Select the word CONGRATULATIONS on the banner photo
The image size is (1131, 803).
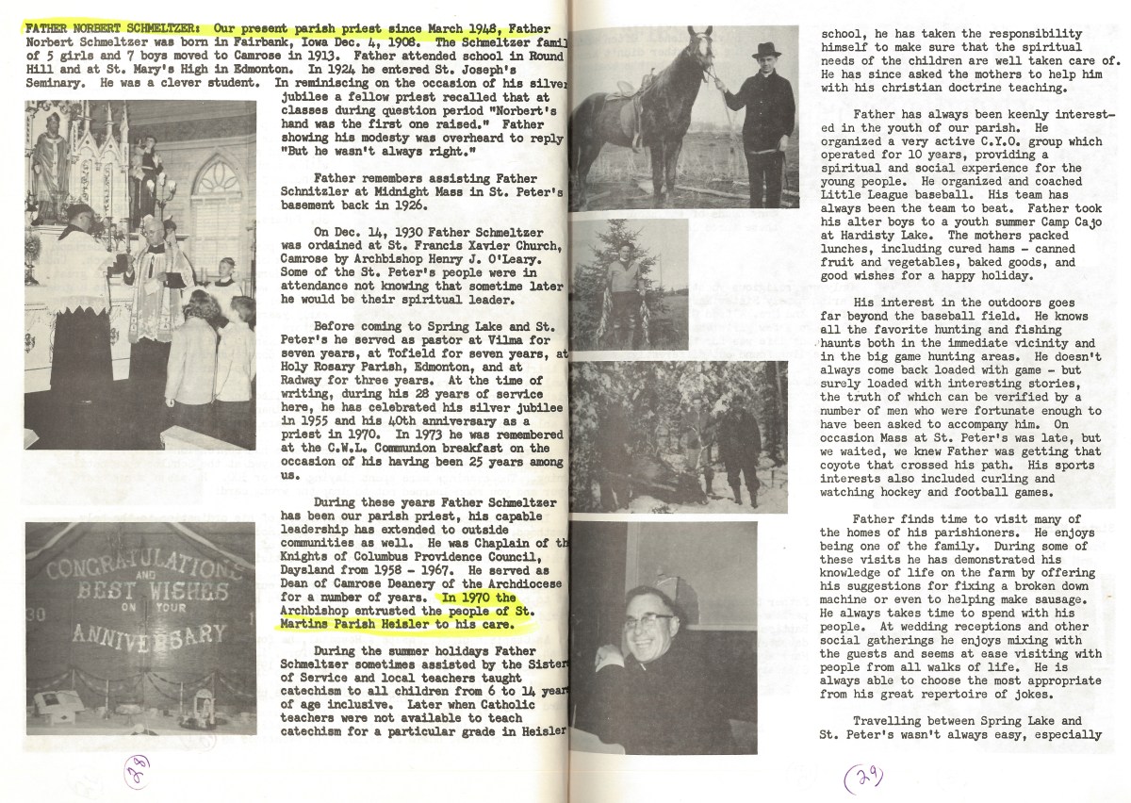138,565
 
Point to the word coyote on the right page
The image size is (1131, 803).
848,465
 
